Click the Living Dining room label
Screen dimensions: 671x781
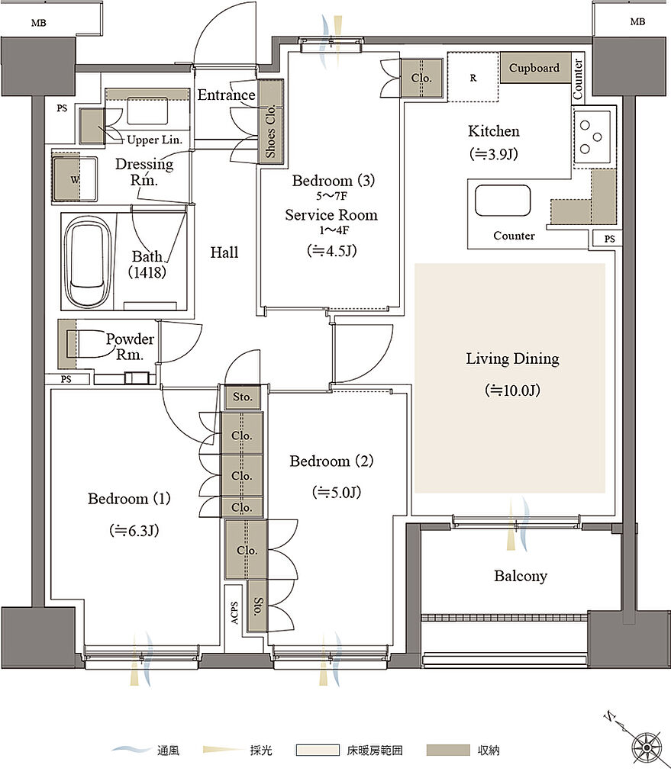(x=512, y=358)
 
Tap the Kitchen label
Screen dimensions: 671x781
(x=494, y=131)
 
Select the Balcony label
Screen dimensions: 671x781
(x=521, y=576)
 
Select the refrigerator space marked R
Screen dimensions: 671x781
(x=473, y=77)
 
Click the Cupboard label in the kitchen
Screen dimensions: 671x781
(x=534, y=68)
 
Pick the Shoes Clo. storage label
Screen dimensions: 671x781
(x=271, y=131)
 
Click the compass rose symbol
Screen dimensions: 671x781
(x=647, y=747)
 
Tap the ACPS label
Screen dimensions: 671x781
(x=234, y=612)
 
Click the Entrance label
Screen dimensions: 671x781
(x=226, y=95)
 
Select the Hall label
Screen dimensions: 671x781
(x=224, y=252)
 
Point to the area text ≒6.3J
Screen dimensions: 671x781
(x=134, y=531)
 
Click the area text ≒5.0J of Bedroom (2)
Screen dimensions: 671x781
(x=337, y=493)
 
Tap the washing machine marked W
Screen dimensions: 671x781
(x=75, y=179)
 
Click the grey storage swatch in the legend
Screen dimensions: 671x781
(x=448, y=750)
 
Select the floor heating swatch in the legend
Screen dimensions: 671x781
(x=318, y=750)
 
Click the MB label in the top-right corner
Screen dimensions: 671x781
(x=637, y=22)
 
